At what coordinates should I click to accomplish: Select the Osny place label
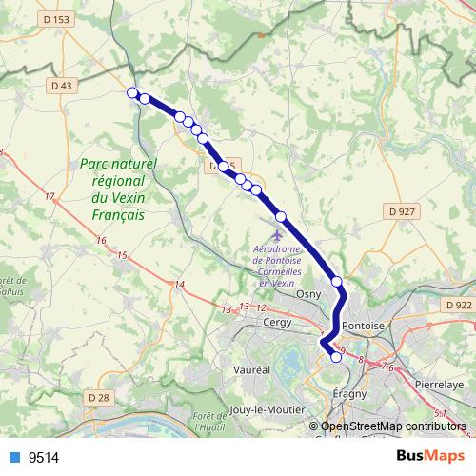pos(309,295)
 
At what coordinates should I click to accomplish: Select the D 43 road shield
pos(61,85)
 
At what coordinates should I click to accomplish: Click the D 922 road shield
pos(458,305)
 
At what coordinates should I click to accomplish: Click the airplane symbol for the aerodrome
pos(277,232)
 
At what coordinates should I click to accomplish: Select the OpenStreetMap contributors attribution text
pos(392,426)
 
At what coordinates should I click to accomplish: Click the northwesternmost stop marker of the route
pos(132,92)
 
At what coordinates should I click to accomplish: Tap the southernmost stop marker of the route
pos(336,358)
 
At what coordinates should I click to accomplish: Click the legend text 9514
pos(44,458)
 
